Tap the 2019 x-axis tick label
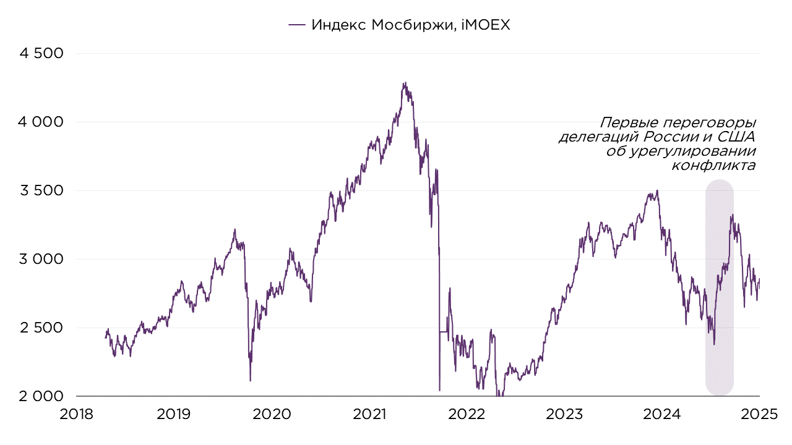[x=174, y=414]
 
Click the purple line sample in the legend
[x=297, y=25]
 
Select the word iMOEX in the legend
[x=486, y=25]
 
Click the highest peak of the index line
[x=404, y=82]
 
